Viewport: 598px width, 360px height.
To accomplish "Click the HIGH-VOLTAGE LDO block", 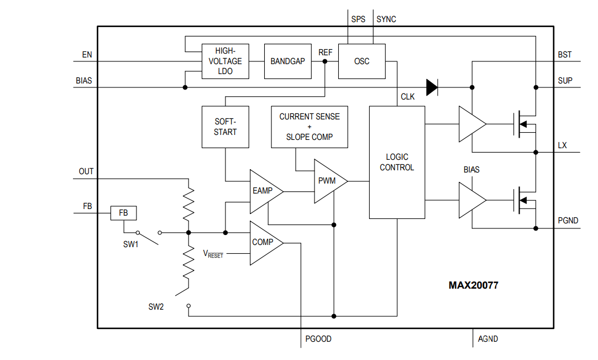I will coord(225,61).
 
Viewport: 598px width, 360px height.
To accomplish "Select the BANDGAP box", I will coord(287,61).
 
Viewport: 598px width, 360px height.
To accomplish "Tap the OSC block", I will coord(361,61).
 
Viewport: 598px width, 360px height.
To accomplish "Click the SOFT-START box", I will coord(225,127).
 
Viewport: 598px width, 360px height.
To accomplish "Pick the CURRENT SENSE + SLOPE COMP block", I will coord(310,127).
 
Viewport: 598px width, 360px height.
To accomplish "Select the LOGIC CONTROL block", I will coord(397,162).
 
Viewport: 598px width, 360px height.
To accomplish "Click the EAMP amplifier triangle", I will coord(264,191).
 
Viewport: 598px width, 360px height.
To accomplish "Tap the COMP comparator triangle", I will coord(264,242).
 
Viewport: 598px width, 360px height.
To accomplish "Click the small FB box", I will coord(123,213).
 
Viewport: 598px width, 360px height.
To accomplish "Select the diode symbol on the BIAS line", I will coord(432,87).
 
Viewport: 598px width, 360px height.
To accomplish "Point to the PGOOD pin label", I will coord(318,338).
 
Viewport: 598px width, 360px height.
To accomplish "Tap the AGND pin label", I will coord(487,338).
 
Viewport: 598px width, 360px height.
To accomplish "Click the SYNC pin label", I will coord(386,19).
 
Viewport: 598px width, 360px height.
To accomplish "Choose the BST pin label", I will coord(565,55).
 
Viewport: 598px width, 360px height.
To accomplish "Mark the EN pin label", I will coord(87,55).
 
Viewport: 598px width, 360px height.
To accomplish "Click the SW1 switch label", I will coord(130,244).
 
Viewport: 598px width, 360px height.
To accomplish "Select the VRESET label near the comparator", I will coord(213,254).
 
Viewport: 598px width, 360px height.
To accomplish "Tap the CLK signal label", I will coord(407,97).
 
